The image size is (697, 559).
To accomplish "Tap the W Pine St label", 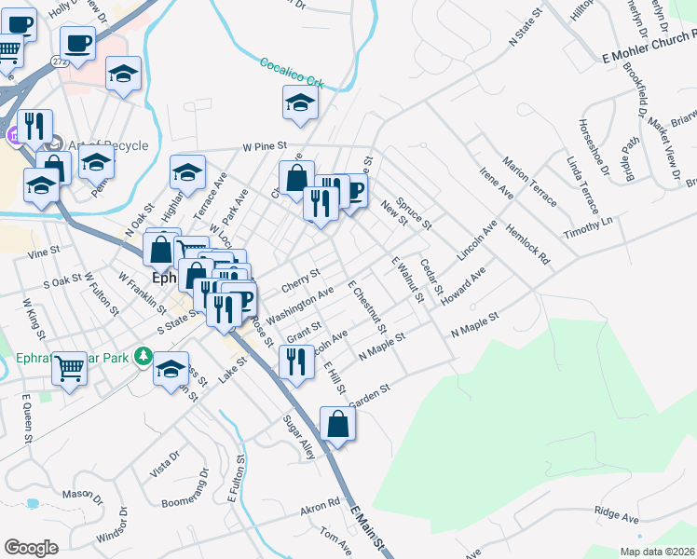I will (x=264, y=146).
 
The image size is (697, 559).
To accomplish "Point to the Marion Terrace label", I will (x=528, y=183).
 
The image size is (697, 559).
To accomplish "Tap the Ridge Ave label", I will (x=616, y=513).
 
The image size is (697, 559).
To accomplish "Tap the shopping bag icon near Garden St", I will (x=337, y=426).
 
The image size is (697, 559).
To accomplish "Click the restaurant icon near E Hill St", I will (x=296, y=361).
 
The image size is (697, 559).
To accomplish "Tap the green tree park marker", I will (x=143, y=355).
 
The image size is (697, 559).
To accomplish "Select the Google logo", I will (x=31, y=547).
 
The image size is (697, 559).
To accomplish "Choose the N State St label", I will (x=526, y=30).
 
